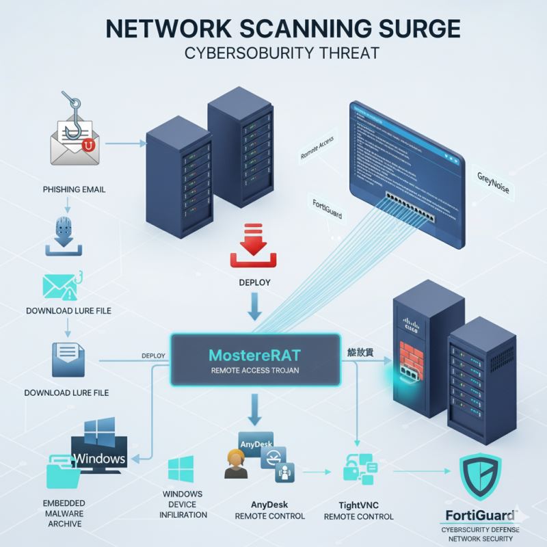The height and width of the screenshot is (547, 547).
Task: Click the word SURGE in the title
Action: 410,29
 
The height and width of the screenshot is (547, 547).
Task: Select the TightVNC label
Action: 358,503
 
